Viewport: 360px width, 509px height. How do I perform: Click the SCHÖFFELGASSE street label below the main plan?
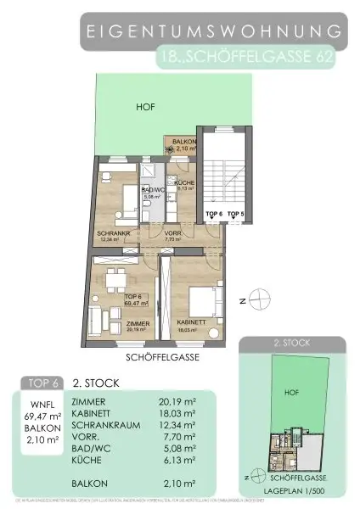162,357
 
